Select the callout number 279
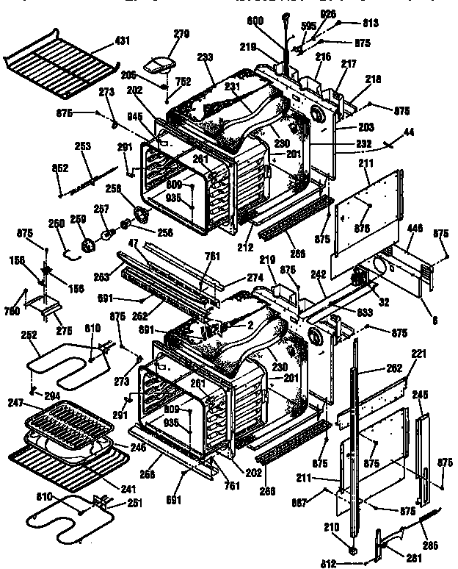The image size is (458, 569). coord(181,34)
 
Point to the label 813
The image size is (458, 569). coord(371,24)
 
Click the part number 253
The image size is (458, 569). coord(83,147)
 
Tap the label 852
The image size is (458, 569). coord(60,168)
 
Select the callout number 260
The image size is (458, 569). coord(57,223)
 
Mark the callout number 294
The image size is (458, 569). coord(51,395)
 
